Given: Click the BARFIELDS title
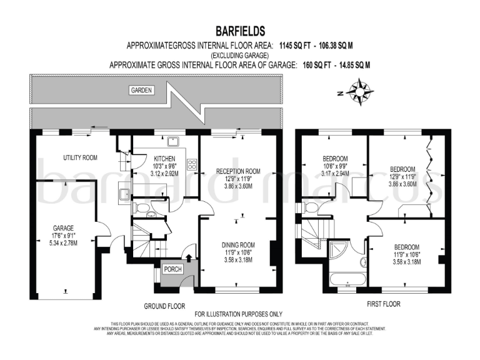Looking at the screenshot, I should [240, 31].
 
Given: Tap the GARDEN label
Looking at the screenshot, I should [141, 91].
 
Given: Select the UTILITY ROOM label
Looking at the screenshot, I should [81, 157].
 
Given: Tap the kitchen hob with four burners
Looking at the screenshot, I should [192, 166].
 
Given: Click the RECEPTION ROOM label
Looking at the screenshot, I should [237, 171].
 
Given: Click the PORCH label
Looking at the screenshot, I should [172, 269].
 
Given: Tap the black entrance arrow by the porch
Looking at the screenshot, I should [189, 256].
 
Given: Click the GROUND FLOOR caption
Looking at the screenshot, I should [164, 306].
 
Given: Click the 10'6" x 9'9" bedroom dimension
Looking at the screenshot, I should [336, 166].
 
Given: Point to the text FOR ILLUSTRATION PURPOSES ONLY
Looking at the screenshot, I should [239, 314].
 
